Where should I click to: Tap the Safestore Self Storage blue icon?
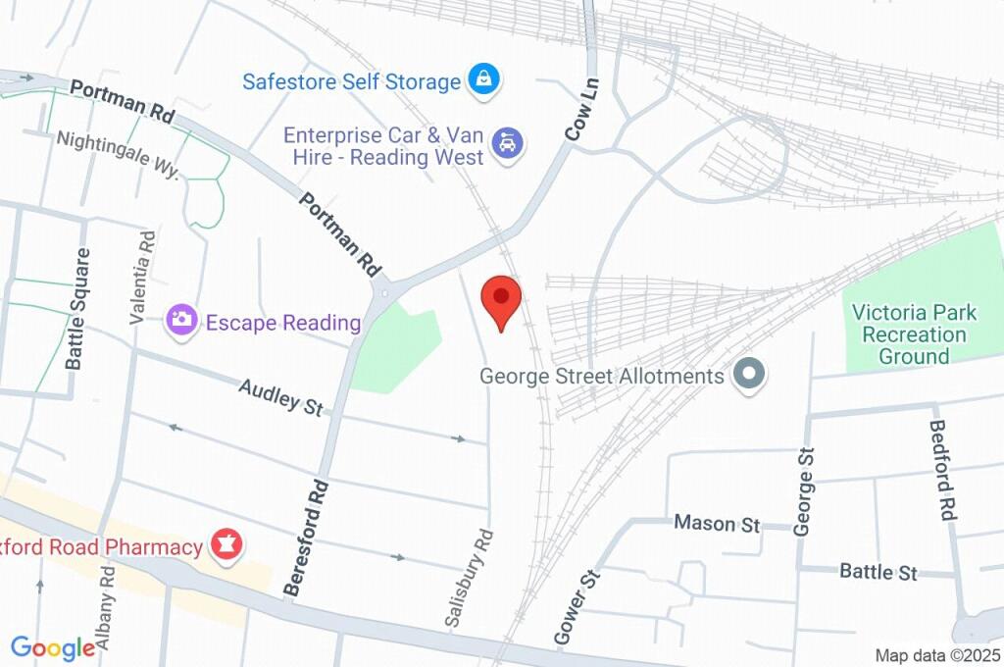tap(483, 80)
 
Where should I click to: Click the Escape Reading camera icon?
tap(180, 320)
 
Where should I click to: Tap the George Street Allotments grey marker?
tap(750, 375)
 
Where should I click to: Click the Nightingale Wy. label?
tap(118, 154)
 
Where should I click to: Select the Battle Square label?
tap(78, 309)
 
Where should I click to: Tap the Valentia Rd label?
tap(142, 278)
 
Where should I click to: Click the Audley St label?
tap(280, 396)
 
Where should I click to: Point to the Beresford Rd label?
tap(305, 537)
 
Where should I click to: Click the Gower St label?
tap(576, 608)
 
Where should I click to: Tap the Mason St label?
tap(718, 523)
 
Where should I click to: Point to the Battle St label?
tap(878, 571)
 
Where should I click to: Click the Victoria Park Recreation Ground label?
tap(914, 333)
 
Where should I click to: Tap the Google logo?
tap(53, 646)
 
